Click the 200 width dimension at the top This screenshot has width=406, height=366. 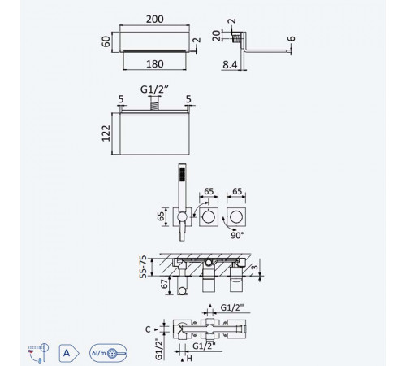pos(154,20)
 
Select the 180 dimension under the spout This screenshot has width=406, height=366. pos(155,64)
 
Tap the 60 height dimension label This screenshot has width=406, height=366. pos(106,41)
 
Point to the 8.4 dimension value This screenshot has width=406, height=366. pos(230,64)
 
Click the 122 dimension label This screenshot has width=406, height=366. pos(106,133)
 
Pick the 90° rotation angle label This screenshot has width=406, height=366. pos(237,235)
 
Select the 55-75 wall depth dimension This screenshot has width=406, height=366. pos(143,267)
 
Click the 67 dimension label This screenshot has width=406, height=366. pos(164,284)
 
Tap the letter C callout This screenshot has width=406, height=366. pos(148,329)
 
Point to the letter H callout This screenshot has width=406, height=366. pos(189,359)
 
